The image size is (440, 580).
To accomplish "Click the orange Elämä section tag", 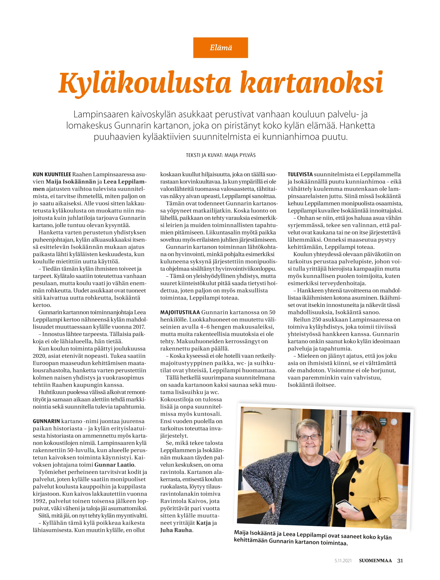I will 221,48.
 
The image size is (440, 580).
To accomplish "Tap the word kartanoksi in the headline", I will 311,83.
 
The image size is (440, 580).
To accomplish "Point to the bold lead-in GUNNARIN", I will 46,421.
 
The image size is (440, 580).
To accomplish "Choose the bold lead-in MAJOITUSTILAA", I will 180,312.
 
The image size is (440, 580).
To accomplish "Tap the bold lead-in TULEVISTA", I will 300,174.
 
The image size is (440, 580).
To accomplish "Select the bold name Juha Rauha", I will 176,530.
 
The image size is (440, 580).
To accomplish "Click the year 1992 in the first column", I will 40,501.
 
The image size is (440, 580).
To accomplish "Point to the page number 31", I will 400,560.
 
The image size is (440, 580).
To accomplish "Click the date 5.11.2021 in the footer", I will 343,561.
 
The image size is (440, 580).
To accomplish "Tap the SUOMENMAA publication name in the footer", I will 375,560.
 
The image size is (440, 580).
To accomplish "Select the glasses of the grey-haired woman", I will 309,437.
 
